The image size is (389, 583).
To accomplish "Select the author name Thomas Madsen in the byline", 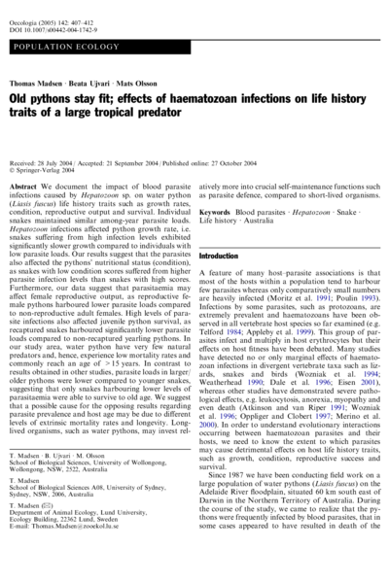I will pos(35,86).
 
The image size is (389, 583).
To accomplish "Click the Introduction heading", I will pos(231,255).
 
